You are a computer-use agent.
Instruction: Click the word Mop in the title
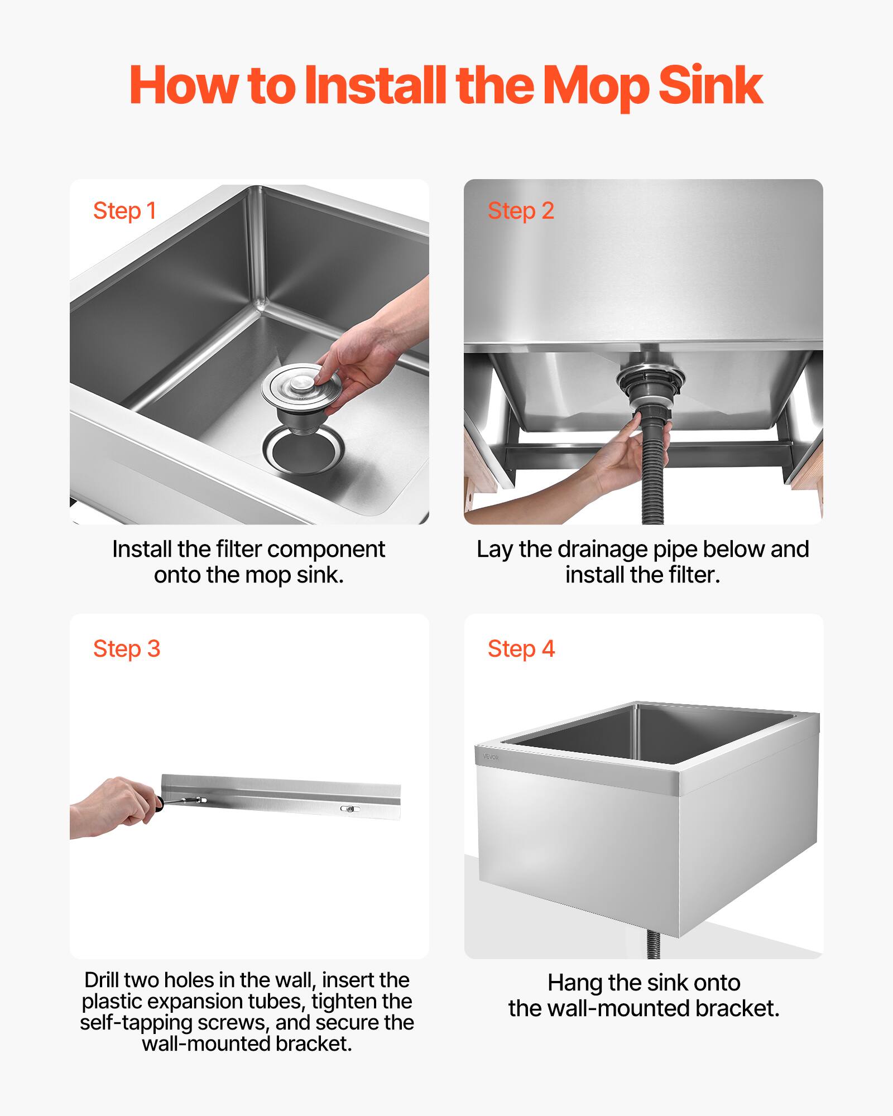coord(596,86)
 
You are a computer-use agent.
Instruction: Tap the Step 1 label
coord(124,211)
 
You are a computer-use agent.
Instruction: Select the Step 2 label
coord(521,211)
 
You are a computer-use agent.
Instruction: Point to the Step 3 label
coord(127,649)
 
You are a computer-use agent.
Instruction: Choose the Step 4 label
coord(521,649)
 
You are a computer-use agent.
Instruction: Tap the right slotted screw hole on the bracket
coord(350,809)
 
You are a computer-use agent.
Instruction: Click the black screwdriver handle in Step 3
coord(160,803)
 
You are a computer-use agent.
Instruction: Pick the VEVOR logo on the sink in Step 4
coord(491,757)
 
